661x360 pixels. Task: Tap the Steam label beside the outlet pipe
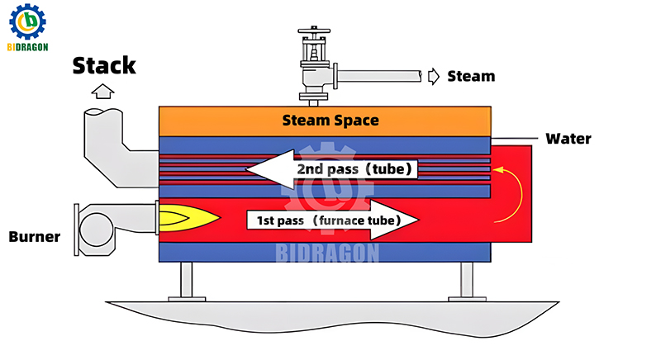click(x=471, y=76)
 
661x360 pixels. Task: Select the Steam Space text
click(x=330, y=121)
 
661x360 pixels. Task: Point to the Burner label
click(x=35, y=237)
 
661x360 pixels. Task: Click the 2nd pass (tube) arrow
click(x=330, y=170)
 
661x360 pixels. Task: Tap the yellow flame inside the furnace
click(x=188, y=219)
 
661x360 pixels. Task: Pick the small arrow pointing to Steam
click(x=434, y=76)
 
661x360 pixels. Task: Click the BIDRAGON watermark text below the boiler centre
click(x=330, y=252)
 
